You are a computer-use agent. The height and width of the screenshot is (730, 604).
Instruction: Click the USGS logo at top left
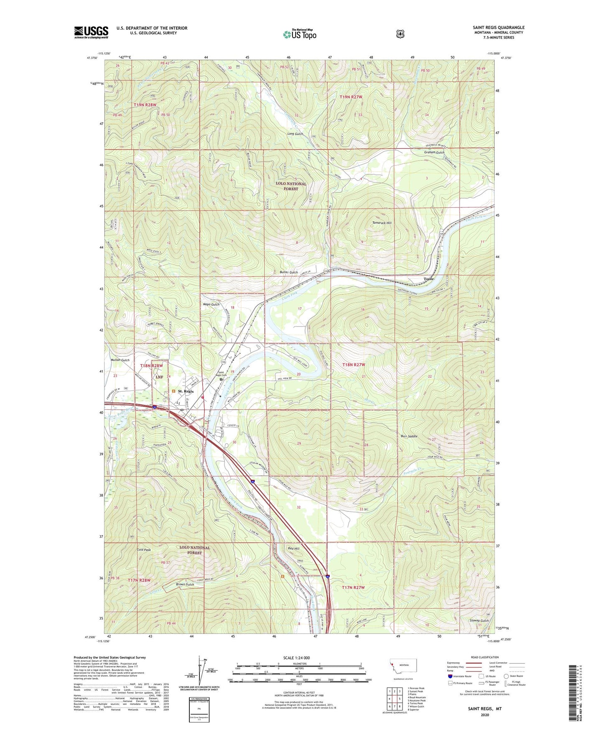point(91,32)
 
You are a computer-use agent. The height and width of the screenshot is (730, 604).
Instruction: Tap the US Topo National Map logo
point(299,34)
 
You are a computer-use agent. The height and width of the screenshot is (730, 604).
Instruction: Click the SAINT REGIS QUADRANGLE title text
point(499,28)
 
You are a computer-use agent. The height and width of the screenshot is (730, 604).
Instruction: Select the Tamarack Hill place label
point(382,223)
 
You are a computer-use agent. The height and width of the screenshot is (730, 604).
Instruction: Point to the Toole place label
point(429,279)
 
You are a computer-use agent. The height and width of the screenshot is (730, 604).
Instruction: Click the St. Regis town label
point(186,391)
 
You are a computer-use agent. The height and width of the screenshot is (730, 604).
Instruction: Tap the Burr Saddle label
point(406,436)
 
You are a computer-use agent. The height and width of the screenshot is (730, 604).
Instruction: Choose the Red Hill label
point(294,549)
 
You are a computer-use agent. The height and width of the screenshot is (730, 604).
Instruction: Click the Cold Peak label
point(144,550)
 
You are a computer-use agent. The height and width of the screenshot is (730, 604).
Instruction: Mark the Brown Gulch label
point(185,584)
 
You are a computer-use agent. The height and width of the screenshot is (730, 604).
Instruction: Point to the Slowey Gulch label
point(479,620)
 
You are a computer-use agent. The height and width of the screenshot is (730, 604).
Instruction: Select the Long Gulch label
point(295,134)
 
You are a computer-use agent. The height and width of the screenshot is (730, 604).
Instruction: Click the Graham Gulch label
point(434,153)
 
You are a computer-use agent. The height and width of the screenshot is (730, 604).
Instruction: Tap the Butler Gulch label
point(288,272)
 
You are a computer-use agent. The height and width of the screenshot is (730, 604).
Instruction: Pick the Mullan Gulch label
point(120,360)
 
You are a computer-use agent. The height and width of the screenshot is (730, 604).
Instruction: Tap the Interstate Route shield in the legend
point(450,676)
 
